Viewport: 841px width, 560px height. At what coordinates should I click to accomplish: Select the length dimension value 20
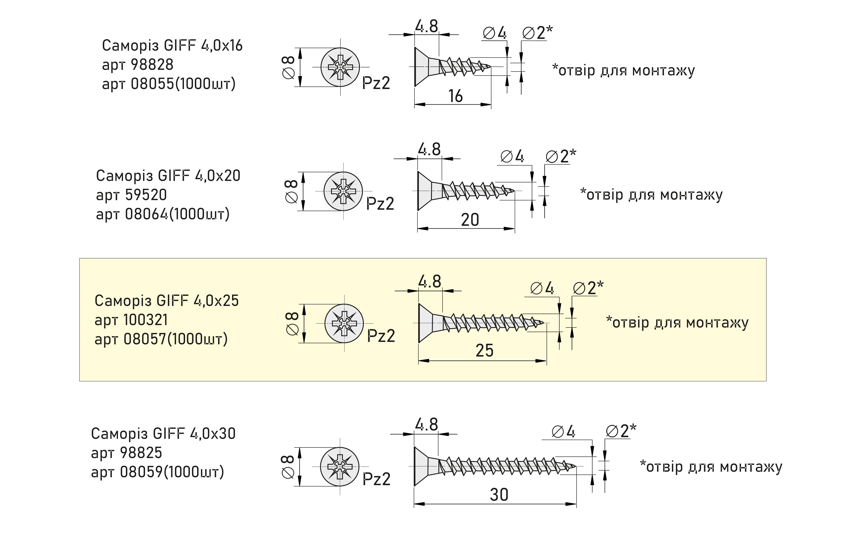click(470, 220)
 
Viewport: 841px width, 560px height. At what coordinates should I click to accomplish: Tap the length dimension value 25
click(484, 350)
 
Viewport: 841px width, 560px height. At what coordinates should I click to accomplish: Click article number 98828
click(152, 65)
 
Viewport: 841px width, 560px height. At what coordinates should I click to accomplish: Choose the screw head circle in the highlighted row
click(344, 323)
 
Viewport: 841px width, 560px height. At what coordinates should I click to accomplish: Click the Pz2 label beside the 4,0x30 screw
click(376, 479)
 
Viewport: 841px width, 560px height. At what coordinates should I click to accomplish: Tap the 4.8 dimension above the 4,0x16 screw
click(426, 26)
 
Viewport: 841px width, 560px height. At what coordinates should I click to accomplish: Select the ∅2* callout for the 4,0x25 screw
click(588, 288)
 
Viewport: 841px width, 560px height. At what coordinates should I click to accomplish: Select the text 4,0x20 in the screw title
click(218, 176)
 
